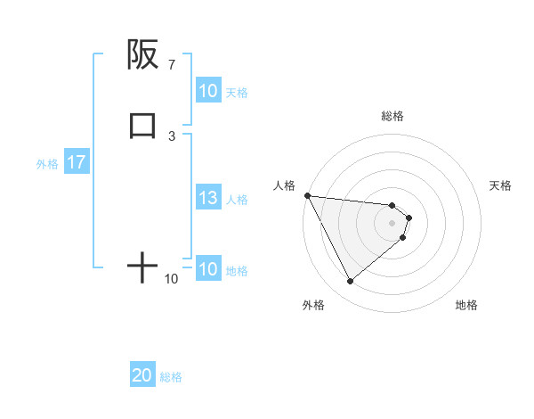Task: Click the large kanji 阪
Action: coord(142,54)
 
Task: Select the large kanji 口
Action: coord(142,125)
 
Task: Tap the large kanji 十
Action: coord(142,267)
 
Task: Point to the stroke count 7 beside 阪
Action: coord(171,65)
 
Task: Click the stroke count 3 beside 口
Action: coord(171,136)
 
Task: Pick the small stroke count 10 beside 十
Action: coord(171,279)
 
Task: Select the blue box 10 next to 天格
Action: coord(208,91)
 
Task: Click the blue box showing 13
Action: coord(208,198)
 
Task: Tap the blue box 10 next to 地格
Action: coord(208,269)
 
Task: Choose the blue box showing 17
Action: coord(76,163)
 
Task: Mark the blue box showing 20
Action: coord(142,376)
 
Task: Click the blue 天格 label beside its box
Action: coord(237,92)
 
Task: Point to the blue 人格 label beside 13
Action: coord(237,199)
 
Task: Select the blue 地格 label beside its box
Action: coord(237,270)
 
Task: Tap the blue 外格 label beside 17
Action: coord(47,164)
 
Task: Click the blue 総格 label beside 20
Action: coord(171,377)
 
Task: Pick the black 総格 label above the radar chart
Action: coord(392,116)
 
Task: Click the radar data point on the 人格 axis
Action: coord(307,195)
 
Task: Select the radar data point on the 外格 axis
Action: coord(350,282)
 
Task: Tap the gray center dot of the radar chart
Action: coord(392,222)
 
